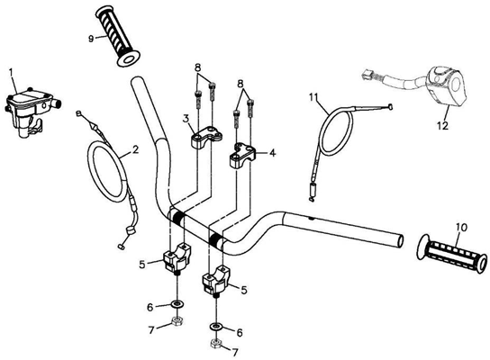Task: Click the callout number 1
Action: [x=11, y=73]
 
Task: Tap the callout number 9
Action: [x=91, y=39]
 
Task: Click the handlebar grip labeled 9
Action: [x=118, y=35]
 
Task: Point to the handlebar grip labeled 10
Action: [x=452, y=253]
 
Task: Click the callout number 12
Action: [x=443, y=125]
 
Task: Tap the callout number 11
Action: [x=315, y=96]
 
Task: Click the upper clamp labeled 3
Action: [x=207, y=137]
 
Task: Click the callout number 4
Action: [x=273, y=153]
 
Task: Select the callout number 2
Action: [x=135, y=149]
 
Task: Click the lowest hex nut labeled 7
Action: [x=216, y=345]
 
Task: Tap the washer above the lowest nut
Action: [x=216, y=327]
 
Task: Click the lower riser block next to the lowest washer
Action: [x=216, y=279]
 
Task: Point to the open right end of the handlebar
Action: [x=399, y=240]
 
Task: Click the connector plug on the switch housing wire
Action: [x=367, y=74]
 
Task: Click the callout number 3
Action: [x=186, y=119]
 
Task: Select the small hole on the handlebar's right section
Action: [x=311, y=218]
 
